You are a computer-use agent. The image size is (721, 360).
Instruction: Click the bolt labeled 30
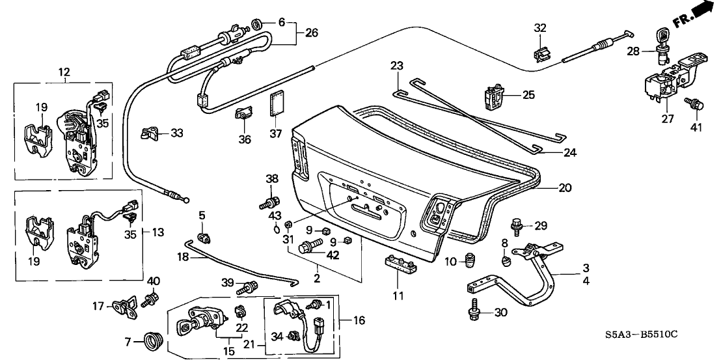click(x=475, y=313)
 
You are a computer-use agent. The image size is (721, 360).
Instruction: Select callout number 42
click(x=335, y=255)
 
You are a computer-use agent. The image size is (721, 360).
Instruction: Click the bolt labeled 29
click(x=518, y=225)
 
